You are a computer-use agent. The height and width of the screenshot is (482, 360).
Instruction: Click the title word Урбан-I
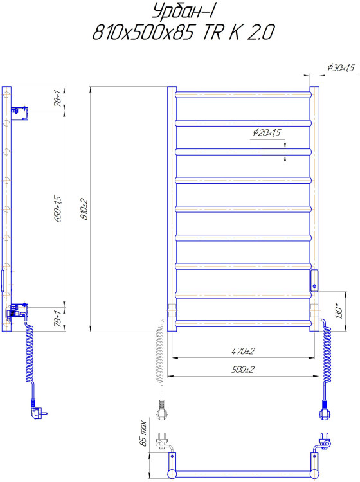tap(185, 12)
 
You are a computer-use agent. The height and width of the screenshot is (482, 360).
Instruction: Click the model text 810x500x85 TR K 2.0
tap(183, 32)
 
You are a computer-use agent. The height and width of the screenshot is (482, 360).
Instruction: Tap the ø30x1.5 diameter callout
tap(341, 67)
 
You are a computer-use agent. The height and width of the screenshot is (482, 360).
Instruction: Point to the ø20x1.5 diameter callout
tap(267, 132)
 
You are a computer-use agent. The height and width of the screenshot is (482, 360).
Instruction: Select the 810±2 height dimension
tap(84, 209)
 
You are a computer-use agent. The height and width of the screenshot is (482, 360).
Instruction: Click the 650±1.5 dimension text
tap(59, 209)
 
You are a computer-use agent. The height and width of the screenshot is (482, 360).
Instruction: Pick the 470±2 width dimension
tap(243, 351)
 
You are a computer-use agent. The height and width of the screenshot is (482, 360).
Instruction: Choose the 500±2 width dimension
tap(243, 369)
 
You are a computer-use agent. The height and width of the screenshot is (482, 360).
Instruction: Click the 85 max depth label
tap(142, 433)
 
